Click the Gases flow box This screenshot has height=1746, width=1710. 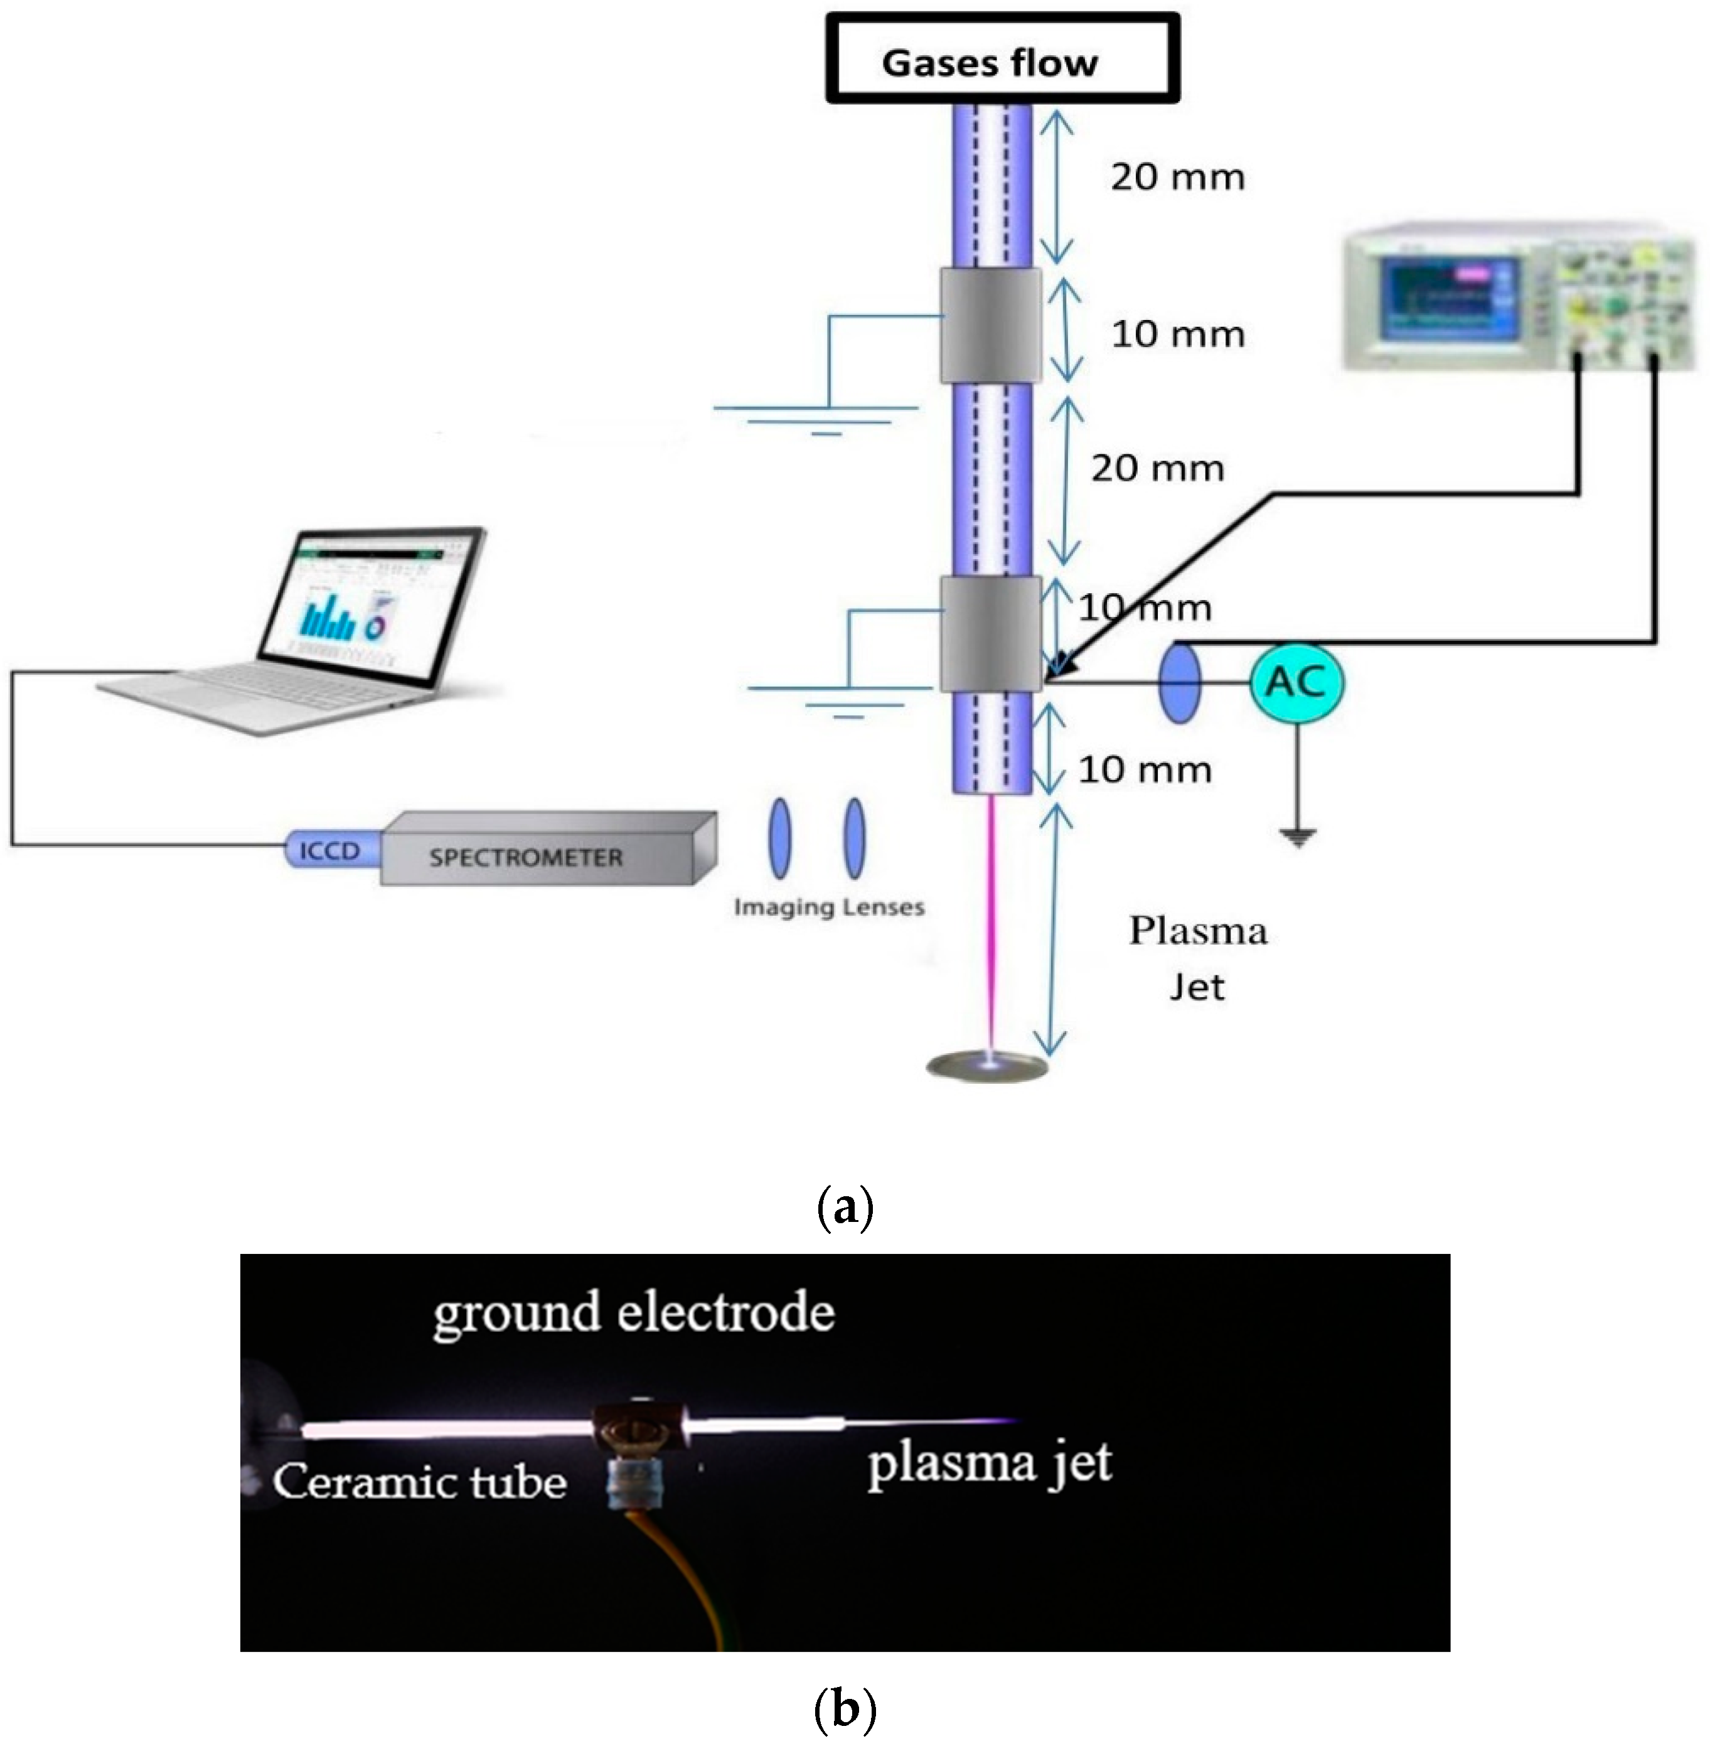1002,59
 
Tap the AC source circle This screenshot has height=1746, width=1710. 1296,683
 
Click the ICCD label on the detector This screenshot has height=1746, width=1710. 329,850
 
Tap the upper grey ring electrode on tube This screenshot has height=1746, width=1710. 991,326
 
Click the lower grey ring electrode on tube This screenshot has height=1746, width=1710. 991,634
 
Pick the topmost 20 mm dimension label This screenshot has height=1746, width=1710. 1177,177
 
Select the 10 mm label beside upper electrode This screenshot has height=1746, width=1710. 1177,334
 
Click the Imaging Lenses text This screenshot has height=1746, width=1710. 828,907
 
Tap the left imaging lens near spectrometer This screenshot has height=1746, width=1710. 779,839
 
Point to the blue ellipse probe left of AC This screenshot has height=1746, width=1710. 1178,683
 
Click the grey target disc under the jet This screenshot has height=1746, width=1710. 987,1066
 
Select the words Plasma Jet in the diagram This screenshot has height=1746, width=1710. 1197,958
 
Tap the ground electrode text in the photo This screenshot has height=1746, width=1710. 633,1312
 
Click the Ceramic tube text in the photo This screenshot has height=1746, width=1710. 419,1481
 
